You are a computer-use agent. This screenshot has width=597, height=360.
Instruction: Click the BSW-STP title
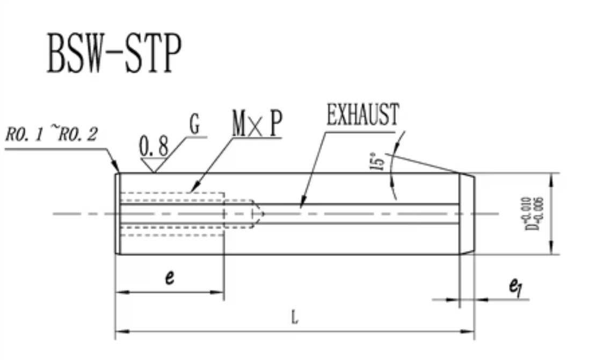click(114, 53)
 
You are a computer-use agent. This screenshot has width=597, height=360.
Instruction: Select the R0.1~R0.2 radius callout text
click(52, 134)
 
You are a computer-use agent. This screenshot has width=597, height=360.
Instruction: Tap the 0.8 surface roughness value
click(154, 146)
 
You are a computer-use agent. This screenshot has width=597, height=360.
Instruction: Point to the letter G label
click(194, 125)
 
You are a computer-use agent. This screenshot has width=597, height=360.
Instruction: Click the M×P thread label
click(257, 124)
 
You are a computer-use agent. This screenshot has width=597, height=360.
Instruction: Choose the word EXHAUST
click(363, 114)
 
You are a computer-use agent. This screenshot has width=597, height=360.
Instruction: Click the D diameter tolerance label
click(534, 213)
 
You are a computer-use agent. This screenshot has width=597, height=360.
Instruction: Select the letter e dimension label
click(170, 277)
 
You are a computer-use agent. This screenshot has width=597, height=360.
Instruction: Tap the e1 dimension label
click(516, 286)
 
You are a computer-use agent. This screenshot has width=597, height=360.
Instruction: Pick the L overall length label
click(294, 317)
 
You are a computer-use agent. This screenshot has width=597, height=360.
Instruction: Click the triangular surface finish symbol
click(154, 165)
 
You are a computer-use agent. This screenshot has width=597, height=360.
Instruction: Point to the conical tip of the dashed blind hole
click(259, 214)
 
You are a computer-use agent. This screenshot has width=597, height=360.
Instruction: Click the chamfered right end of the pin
click(467, 214)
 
